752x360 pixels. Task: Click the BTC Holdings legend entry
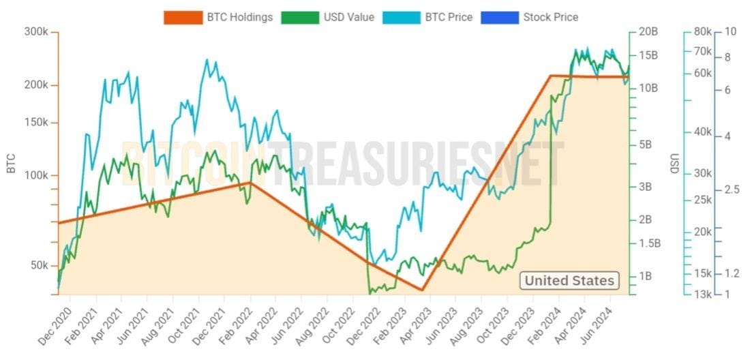coord(218,17)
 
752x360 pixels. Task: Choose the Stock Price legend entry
coord(530,17)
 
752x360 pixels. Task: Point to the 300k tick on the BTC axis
coord(37,32)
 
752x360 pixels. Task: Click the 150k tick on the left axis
coord(37,123)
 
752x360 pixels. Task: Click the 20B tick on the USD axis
coord(648,32)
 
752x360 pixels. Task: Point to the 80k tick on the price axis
coord(702,32)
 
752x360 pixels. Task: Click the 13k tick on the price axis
coord(702,295)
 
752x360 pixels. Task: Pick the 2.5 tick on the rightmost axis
coord(732,190)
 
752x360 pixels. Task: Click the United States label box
coord(569,280)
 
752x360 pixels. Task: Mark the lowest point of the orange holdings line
coord(423,290)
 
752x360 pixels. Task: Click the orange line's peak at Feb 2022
coord(251,183)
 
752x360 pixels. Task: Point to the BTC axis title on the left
coord(10,164)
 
